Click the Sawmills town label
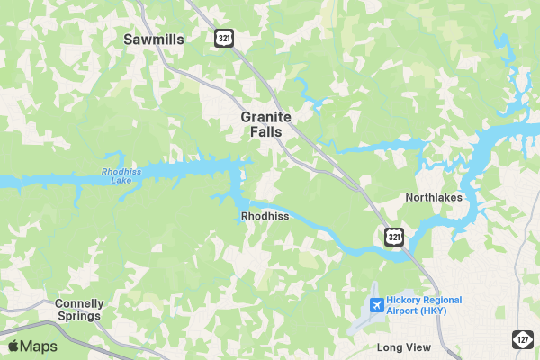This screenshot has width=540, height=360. coord(153,40)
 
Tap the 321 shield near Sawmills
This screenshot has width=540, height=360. coord(224,38)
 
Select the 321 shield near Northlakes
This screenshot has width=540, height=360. coord(393,237)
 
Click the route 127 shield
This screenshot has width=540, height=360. coord(523,338)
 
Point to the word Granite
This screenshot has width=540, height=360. coord(265,118)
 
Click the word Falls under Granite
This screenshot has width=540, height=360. coord(265,132)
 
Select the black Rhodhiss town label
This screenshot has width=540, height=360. coord(265,217)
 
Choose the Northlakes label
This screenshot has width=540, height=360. coord(434,198)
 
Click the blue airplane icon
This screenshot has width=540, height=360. coord(375,306)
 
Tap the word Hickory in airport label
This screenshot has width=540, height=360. coord(405,301)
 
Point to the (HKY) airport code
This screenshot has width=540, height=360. coord(431,311)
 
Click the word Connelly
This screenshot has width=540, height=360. coord(79,303)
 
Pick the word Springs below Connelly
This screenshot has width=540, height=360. coord(79,317)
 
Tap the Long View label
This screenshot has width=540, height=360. coord(404,347)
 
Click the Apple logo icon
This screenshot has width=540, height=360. coord(13,346)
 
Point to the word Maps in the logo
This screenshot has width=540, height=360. coord(39,346)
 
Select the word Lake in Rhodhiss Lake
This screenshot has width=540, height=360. coord(121,181)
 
